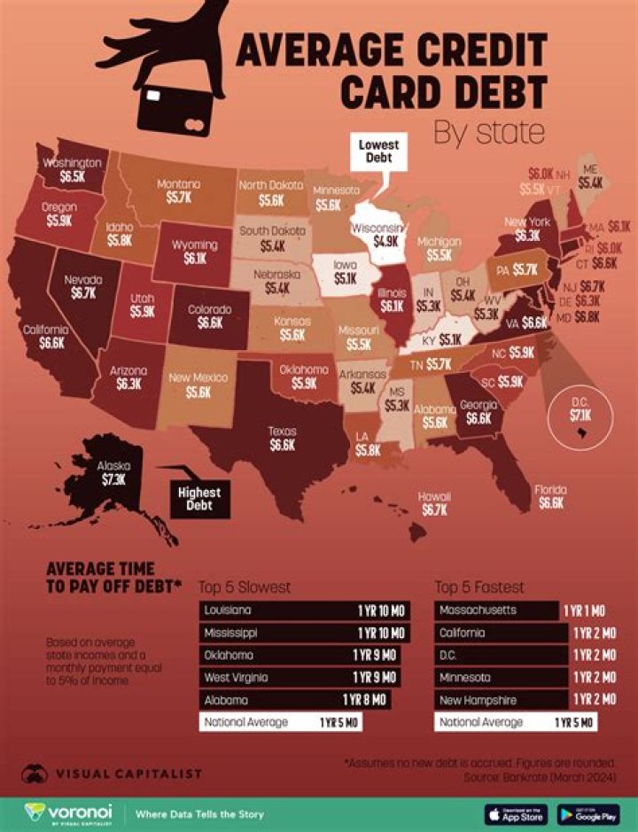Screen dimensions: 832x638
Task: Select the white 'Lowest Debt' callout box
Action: (x=378, y=152)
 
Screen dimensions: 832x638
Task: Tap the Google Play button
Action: (x=588, y=813)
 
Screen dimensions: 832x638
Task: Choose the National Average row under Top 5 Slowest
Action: (x=280, y=722)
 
